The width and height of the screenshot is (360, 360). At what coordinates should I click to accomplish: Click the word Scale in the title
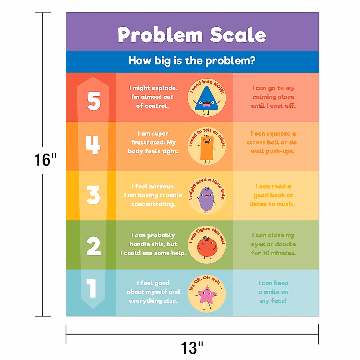click(x=238, y=35)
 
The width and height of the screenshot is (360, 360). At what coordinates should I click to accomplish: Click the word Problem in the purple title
click(x=160, y=35)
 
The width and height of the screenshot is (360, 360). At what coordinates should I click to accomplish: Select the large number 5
click(x=94, y=101)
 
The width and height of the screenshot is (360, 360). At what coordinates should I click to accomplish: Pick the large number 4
click(x=93, y=145)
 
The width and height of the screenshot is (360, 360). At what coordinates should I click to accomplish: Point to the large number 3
click(x=93, y=195)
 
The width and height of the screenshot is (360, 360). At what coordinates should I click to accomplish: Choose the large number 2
click(x=94, y=246)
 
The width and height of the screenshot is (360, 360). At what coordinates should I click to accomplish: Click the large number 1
click(x=91, y=288)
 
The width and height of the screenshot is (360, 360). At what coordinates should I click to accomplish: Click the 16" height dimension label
click(x=45, y=160)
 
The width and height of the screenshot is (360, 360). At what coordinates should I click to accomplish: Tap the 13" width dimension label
click(x=192, y=348)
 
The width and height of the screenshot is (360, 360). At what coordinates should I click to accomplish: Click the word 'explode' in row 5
click(x=164, y=88)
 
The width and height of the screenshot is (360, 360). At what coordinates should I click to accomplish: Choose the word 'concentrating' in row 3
click(x=153, y=204)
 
